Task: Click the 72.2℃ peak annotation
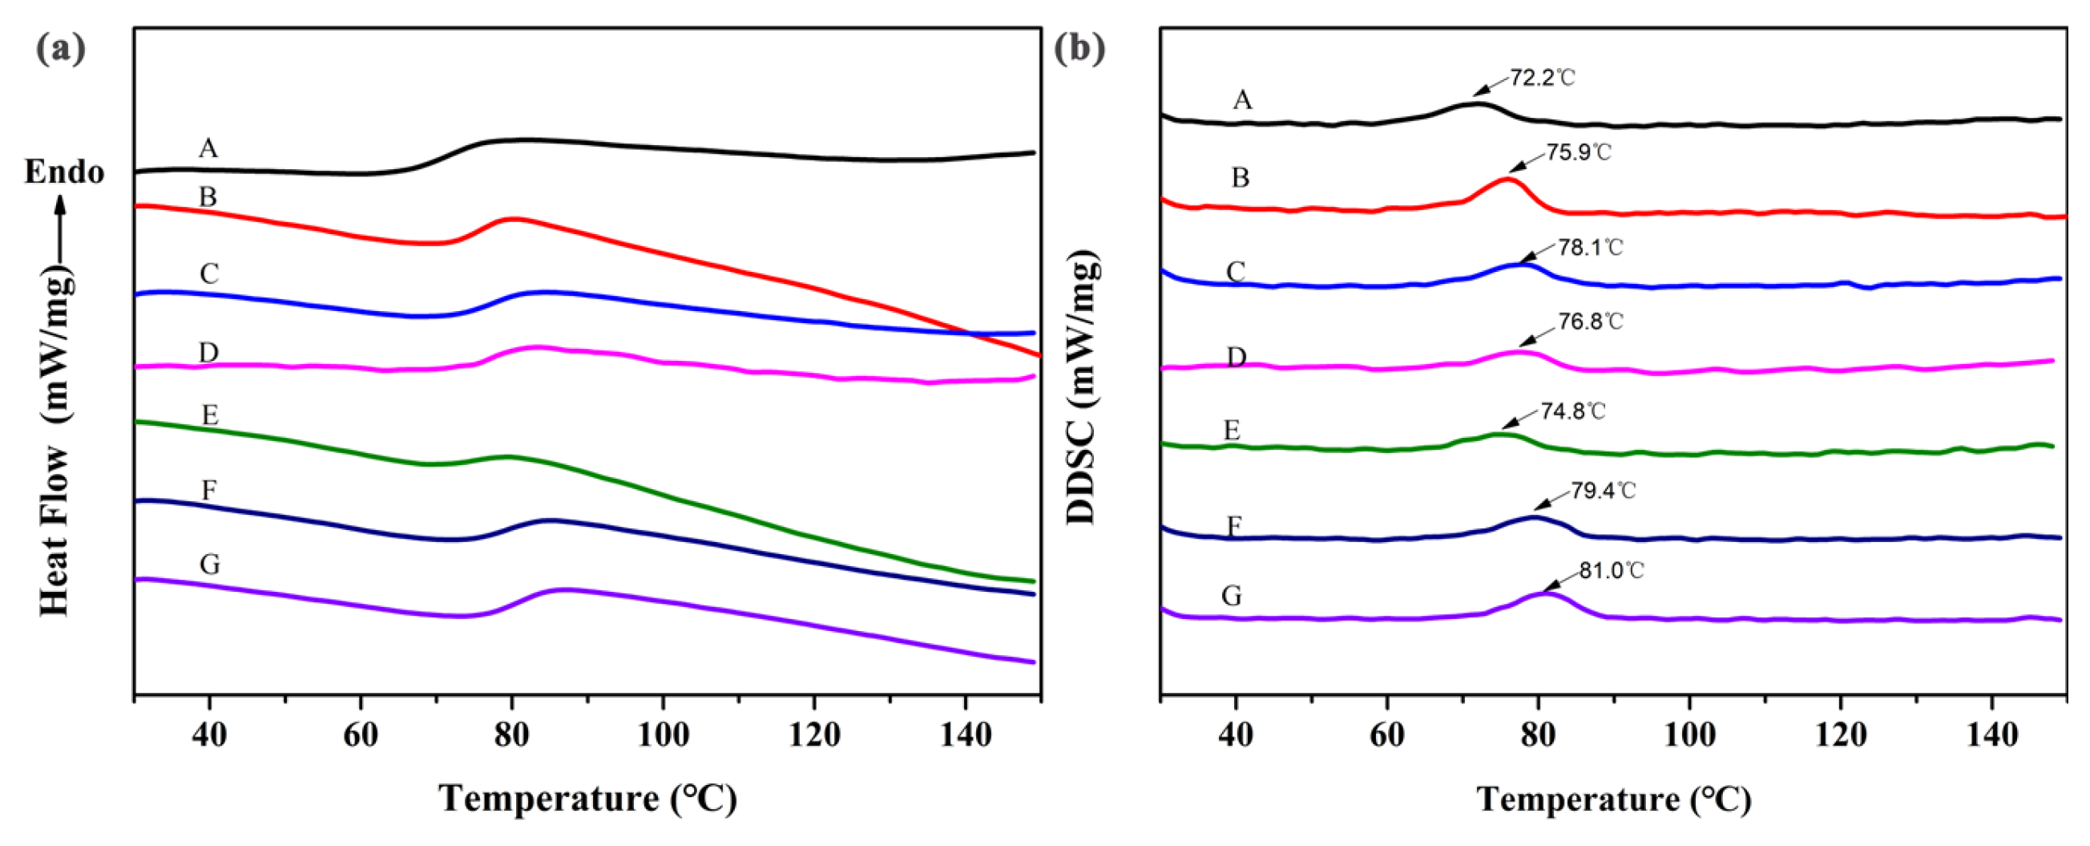click(1542, 79)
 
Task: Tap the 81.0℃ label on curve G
click(1612, 571)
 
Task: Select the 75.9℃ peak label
click(1578, 152)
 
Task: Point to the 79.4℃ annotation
click(1604, 491)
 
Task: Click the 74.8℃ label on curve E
click(1572, 411)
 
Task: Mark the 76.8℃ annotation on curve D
click(1590, 322)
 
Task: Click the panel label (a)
click(61, 50)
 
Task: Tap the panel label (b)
click(1079, 50)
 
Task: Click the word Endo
click(64, 172)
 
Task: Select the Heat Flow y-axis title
click(55, 443)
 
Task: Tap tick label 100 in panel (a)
click(663, 735)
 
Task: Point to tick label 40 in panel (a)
click(209, 735)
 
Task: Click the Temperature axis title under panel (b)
click(1614, 799)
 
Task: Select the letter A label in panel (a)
click(208, 148)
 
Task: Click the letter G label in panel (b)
click(1232, 597)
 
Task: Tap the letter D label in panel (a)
click(208, 352)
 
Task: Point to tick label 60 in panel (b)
click(1386, 735)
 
